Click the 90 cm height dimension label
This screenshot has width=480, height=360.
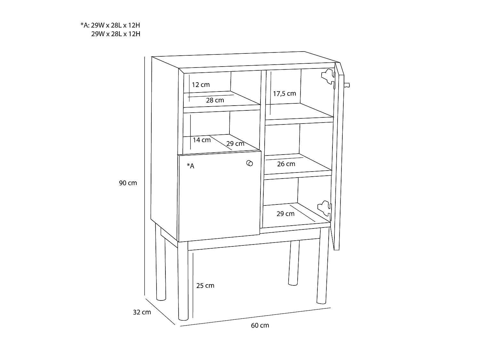point(128,183)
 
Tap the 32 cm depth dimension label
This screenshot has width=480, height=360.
point(142,312)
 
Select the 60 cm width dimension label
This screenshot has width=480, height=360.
point(260,325)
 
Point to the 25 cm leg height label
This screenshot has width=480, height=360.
point(205,285)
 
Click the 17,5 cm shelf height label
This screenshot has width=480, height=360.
point(284,93)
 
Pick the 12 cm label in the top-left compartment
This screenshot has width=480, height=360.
point(201,84)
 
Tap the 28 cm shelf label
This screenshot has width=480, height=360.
point(215,100)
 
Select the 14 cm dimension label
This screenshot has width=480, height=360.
point(202,140)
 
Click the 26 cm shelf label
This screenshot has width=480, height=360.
point(286,164)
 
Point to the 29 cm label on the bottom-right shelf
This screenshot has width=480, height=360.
point(285,213)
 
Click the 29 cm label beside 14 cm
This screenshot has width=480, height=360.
point(235,144)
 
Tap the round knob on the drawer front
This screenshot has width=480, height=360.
point(250,163)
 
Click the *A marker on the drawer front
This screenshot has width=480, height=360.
point(190,166)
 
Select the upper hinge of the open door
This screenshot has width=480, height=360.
point(328,77)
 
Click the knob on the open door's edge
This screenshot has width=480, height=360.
point(347,85)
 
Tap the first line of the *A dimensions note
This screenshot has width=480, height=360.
point(110,25)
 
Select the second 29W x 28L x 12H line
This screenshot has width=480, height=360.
point(116,34)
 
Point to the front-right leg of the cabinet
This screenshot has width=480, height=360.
point(323,266)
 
